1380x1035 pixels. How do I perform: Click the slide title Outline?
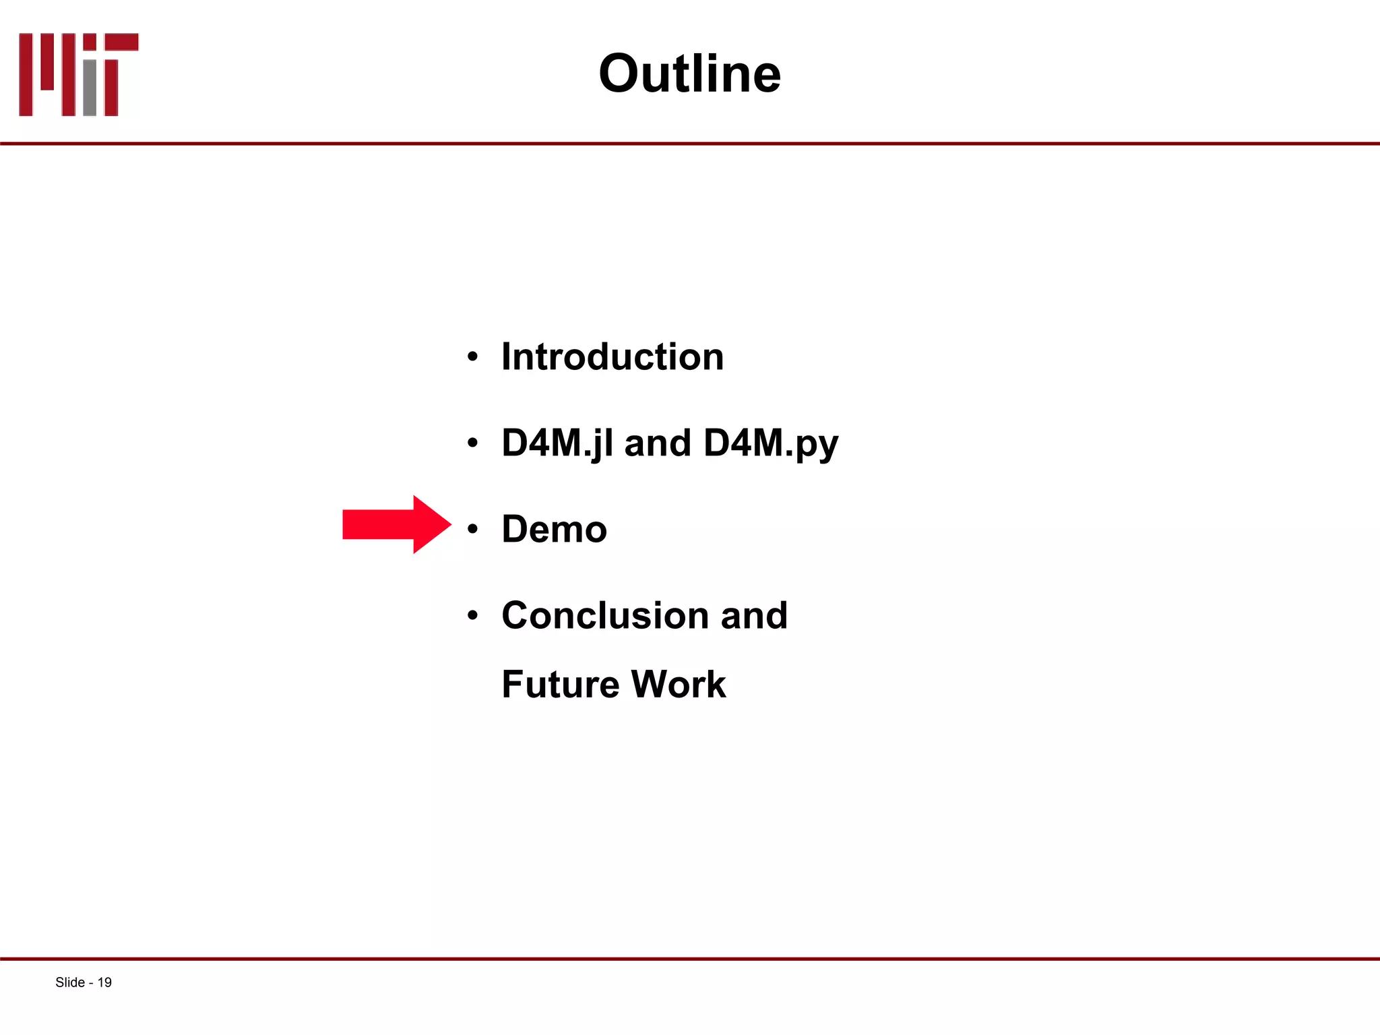[x=689, y=73]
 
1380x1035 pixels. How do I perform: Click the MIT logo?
[x=78, y=74]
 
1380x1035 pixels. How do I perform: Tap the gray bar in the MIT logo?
[x=90, y=88]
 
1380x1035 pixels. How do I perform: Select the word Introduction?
[x=612, y=356]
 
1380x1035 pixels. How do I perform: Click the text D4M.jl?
[x=557, y=443]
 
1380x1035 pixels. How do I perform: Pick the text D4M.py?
[x=770, y=443]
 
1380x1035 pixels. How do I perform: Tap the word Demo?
[x=554, y=529]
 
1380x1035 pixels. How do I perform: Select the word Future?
[x=560, y=685]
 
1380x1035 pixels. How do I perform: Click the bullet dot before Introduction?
[x=472, y=357]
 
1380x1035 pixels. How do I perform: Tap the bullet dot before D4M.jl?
[x=472, y=443]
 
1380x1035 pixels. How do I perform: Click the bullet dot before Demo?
[x=472, y=529]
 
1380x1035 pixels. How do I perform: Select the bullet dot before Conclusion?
[x=472, y=615]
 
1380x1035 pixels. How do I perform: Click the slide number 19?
[x=104, y=982]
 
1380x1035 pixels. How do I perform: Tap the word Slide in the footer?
[x=69, y=982]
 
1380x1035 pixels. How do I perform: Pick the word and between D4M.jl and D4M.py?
[x=658, y=443]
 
